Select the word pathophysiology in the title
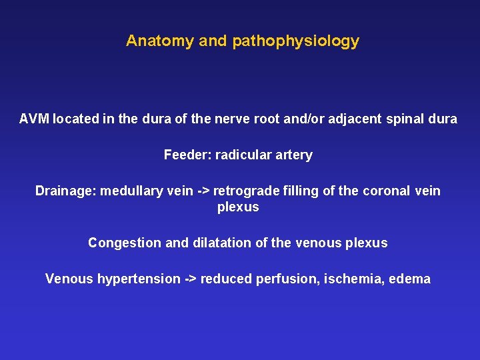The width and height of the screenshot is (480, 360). click(x=295, y=41)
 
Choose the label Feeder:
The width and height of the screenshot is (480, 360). click(x=187, y=155)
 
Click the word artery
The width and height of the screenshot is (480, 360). click(x=291, y=155)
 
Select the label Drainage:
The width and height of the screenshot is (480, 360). click(x=65, y=191)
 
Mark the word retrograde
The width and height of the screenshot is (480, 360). click(x=245, y=191)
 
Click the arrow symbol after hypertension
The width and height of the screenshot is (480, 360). click(x=190, y=279)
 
